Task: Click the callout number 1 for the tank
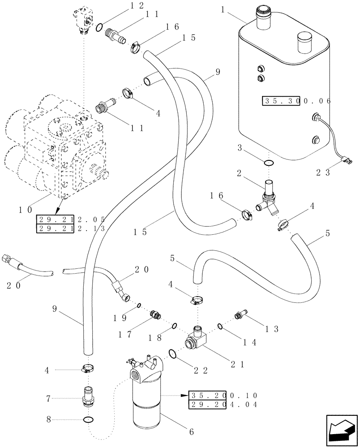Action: point(222,9)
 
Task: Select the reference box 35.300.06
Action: point(296,101)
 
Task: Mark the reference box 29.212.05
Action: point(70,220)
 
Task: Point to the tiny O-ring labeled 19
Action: point(139,306)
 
